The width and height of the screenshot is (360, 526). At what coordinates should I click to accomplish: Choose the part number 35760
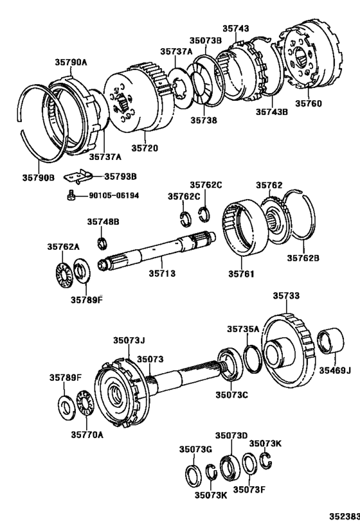pyautogui.click(x=309, y=103)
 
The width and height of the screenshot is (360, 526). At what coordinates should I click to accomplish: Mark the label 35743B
pyautogui.click(x=273, y=110)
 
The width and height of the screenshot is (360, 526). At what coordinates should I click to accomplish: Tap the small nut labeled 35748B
pyautogui.click(x=101, y=242)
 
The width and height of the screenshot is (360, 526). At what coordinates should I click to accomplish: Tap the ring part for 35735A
pyautogui.click(x=252, y=359)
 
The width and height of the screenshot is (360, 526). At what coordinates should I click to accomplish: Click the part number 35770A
pyautogui.click(x=87, y=434)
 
